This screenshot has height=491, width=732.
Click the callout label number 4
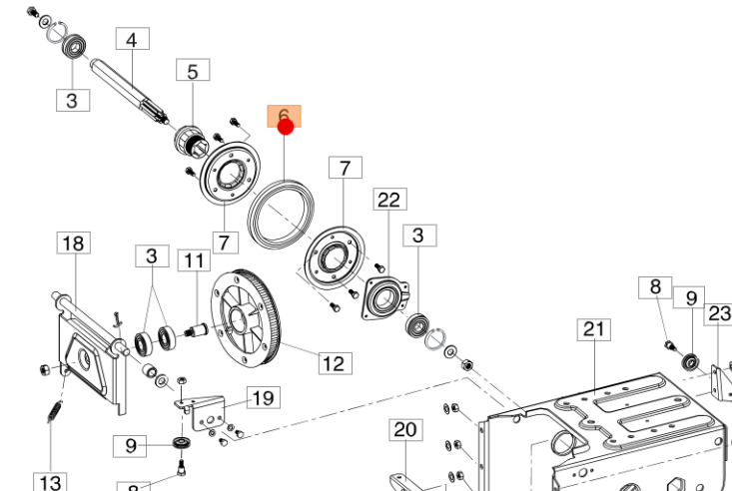[132, 40]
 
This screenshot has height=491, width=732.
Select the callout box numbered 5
[193, 71]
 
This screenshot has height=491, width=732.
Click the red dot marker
[285, 126]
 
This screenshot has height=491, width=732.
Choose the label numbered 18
[75, 243]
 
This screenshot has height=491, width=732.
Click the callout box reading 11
[193, 261]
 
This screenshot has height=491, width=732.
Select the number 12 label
[335, 361]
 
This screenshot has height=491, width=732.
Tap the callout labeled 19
[263, 399]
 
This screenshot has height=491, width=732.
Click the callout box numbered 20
[404, 430]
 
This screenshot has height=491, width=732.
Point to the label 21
[595, 329]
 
